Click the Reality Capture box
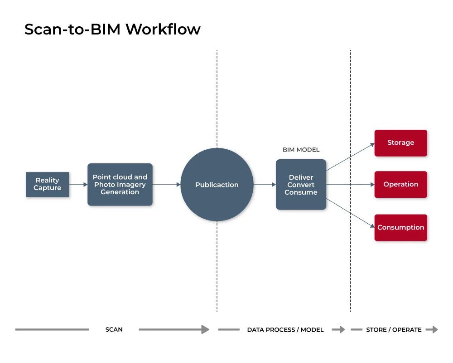(47, 184)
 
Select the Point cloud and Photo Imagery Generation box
(120, 185)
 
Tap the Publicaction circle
(217, 185)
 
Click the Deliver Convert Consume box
(301, 185)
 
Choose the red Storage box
(400, 143)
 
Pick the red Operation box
(400, 185)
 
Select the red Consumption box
(400, 227)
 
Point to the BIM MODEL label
(301, 150)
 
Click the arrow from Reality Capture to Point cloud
(78, 185)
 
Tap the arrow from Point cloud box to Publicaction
(166, 185)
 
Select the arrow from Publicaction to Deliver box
(265, 185)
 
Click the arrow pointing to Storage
(350, 157)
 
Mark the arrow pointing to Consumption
(350, 213)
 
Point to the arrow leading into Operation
(350, 185)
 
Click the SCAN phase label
(114, 330)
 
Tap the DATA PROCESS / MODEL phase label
(285, 330)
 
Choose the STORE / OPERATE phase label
(394, 330)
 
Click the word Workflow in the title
(163, 29)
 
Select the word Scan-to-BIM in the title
(72, 29)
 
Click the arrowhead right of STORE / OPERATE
(434, 330)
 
